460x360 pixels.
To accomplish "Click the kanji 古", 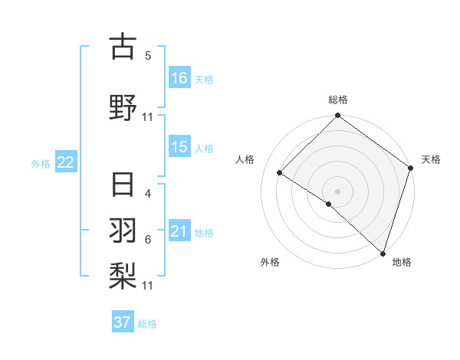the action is (x=123, y=47).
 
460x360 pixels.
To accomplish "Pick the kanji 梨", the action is (x=123, y=274).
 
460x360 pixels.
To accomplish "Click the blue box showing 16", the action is (x=179, y=78).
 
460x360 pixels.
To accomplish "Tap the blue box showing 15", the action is (x=179, y=148).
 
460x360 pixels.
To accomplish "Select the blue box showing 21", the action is (x=179, y=232).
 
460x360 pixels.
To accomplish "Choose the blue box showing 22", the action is (x=66, y=162).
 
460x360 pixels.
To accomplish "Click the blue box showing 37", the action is (x=123, y=323).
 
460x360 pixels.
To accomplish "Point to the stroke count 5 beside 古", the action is (x=148, y=56).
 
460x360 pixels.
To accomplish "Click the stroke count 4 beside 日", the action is (x=148, y=195).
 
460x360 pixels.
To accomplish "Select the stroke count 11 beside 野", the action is (x=148, y=117).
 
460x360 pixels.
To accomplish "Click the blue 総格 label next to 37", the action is (x=148, y=324).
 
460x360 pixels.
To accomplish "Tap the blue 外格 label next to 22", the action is (x=41, y=163).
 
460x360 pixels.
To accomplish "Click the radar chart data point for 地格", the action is (x=383, y=252).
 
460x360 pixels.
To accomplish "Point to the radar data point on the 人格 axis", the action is (x=281, y=172).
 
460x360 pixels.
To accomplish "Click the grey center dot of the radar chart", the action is (x=337, y=191).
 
